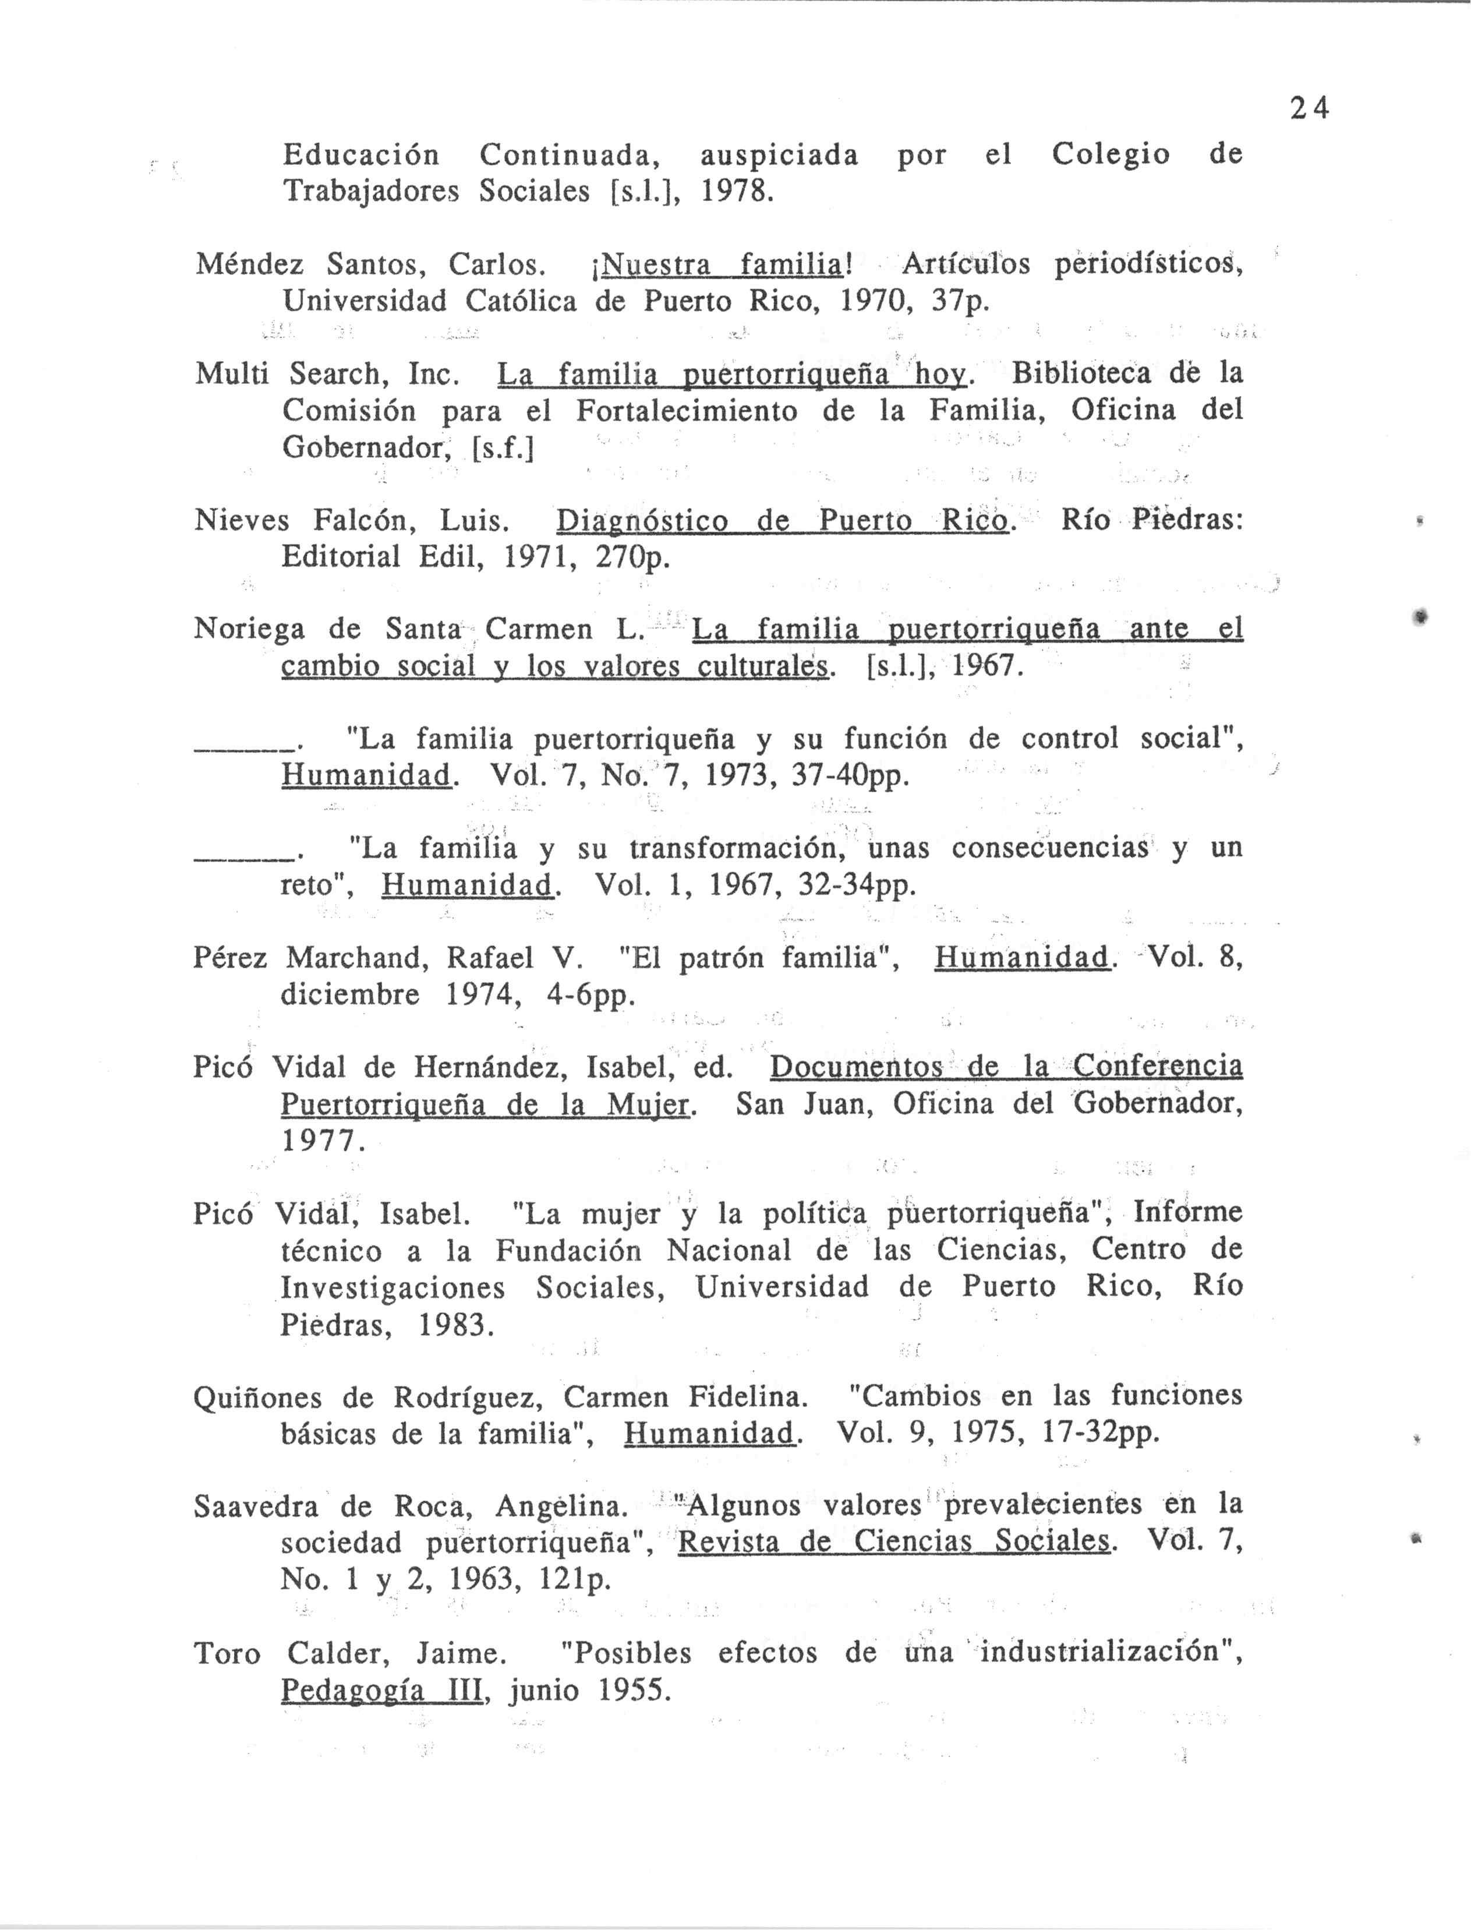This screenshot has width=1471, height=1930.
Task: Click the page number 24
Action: (x=1309, y=108)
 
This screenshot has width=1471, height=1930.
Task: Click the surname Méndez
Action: (x=250, y=263)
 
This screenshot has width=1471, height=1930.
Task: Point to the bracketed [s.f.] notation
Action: (x=503, y=449)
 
